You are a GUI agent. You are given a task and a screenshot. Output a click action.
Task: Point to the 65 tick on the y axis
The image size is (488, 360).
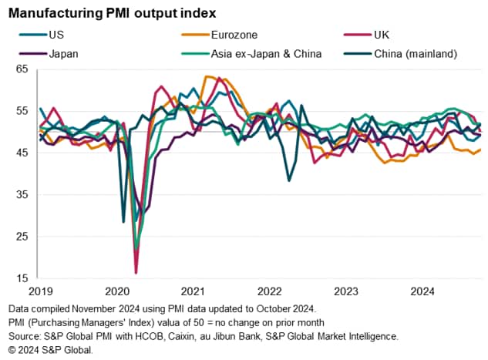22,69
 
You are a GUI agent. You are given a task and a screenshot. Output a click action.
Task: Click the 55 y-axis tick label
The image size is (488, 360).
22,111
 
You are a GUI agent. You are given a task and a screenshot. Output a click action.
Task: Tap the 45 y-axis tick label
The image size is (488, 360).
22,153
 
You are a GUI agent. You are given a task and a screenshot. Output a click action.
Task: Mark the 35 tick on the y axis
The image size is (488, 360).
22,194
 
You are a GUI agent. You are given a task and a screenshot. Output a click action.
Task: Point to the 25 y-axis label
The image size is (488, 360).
22,236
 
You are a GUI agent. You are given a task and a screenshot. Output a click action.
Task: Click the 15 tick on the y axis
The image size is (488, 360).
22,278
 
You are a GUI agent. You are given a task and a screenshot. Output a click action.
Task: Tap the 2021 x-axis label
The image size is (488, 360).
192,292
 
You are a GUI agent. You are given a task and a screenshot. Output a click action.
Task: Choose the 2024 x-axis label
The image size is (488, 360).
421,292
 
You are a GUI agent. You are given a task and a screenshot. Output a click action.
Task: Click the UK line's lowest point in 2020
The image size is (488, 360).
136,272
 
